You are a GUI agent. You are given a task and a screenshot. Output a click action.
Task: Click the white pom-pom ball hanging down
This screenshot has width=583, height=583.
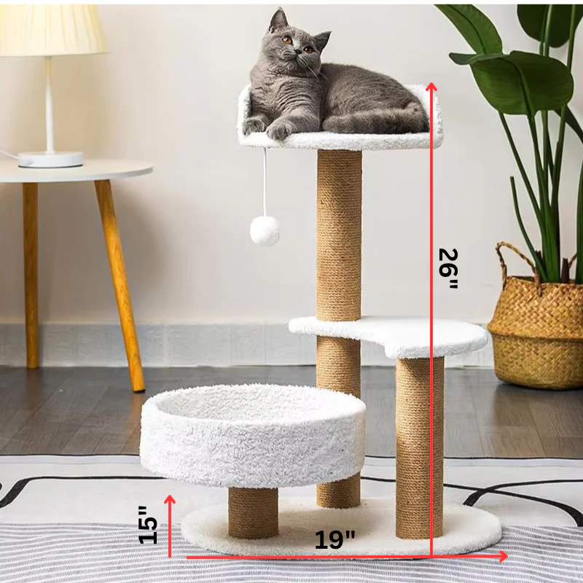pos(265,230)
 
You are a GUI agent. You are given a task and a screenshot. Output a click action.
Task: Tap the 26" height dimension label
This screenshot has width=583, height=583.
pos(447,268)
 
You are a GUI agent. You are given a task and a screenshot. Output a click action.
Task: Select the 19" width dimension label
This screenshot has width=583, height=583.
pos(335,540)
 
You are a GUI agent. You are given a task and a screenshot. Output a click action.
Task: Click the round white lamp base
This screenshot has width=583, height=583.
pos(50,159)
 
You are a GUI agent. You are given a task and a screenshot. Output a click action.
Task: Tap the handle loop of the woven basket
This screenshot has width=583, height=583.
pos(514,259)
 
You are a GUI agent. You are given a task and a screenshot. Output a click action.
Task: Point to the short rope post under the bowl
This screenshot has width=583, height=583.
pos(253,512)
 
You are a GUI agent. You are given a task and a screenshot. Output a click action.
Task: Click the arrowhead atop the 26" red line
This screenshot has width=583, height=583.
pos(431,87)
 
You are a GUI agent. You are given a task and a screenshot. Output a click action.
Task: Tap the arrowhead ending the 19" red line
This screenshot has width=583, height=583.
pos(502,556)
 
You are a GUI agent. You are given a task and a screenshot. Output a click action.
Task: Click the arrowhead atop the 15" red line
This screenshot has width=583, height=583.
pos(170,500)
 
